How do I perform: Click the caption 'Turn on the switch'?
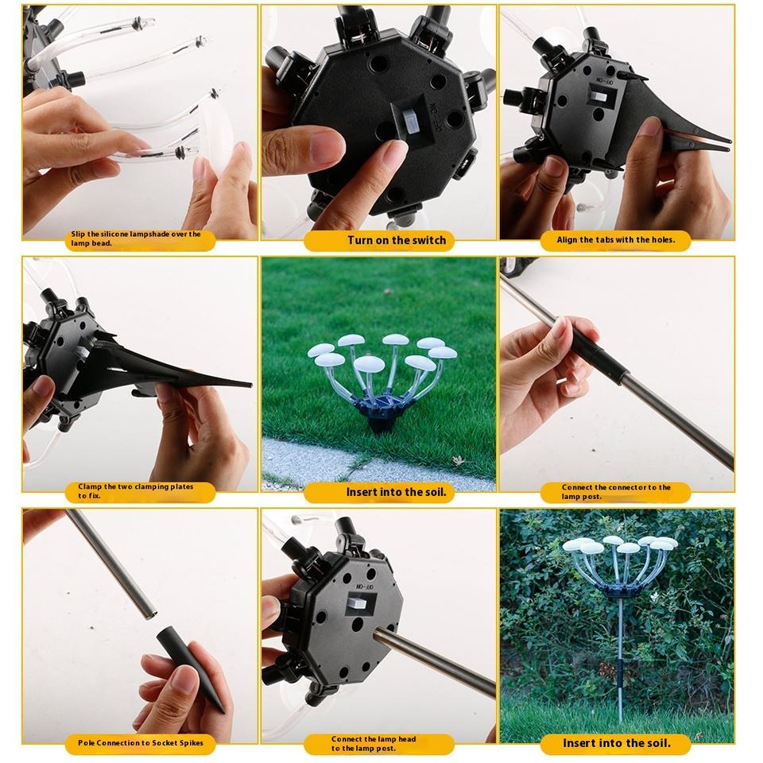pos(397,240)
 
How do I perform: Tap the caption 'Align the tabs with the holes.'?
pos(615,240)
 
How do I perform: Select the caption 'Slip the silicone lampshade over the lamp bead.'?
pos(136,238)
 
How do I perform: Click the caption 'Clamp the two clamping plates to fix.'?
pos(136,491)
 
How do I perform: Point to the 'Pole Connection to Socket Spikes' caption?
pos(141,742)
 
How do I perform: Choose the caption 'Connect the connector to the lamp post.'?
pos(616,491)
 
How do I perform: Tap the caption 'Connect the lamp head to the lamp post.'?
pos(374,744)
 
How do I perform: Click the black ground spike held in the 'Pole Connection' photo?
pos(190,669)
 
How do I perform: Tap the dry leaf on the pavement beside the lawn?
pos(458,460)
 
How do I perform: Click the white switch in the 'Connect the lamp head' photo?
pos(357,604)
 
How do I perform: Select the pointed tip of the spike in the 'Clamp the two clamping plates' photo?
pos(250,385)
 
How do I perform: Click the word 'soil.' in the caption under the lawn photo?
pos(434,492)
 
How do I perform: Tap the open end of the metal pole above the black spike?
pos(150,614)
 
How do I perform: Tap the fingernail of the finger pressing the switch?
pos(395,149)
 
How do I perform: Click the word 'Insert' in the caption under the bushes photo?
pos(580,743)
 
